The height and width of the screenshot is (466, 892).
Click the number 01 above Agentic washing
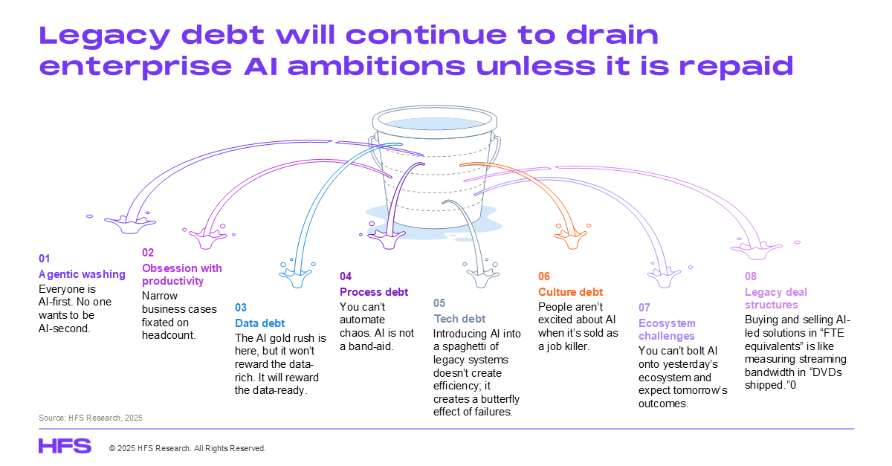pyautogui.click(x=44, y=259)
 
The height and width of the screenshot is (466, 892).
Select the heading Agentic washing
pyautogui.click(x=82, y=274)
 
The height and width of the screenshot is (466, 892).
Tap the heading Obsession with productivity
pyautogui.click(x=181, y=274)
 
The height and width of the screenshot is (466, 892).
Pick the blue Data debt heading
pyautogui.click(x=260, y=323)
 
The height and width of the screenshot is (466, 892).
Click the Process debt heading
pyautogui.click(x=374, y=292)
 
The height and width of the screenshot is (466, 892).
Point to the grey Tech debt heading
pyautogui.click(x=460, y=319)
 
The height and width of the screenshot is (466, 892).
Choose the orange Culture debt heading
pyautogui.click(x=571, y=292)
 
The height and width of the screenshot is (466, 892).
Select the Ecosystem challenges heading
pyautogui.click(x=667, y=330)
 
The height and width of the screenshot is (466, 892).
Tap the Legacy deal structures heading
pyautogui.click(x=775, y=298)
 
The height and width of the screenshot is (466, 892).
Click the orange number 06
pyautogui.click(x=544, y=276)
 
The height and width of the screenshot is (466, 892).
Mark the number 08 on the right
pyautogui.click(x=751, y=276)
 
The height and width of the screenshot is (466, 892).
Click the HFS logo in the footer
pyautogui.click(x=65, y=446)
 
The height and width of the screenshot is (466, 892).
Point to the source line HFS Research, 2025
pyautogui.click(x=91, y=418)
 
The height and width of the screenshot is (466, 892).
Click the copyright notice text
pyautogui.click(x=187, y=448)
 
